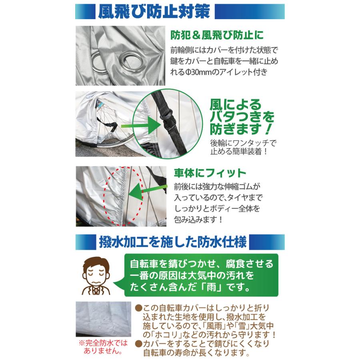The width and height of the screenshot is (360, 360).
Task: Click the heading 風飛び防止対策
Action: [154, 12]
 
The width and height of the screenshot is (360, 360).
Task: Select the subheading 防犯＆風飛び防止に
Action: [217, 35]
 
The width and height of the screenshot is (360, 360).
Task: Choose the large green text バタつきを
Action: [242, 118]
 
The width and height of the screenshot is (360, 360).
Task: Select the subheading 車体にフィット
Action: [210, 174]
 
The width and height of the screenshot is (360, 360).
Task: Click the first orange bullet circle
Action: [138, 308]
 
